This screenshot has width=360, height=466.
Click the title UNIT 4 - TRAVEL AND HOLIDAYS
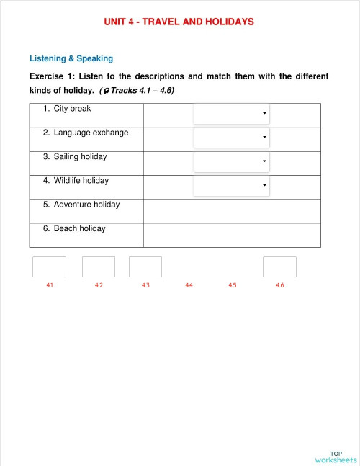[179, 22]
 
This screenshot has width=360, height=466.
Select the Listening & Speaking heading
[71, 58]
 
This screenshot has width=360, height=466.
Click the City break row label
[72, 109]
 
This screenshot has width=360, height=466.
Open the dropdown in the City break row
[232, 114]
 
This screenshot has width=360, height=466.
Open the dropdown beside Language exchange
[232, 138]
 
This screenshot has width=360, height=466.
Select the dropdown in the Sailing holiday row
[232, 161]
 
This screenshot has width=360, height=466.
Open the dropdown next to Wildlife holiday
[232, 186]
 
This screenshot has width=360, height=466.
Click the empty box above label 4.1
[49, 266]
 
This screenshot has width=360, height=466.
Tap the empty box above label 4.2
[99, 266]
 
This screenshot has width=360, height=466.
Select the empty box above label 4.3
[145, 266]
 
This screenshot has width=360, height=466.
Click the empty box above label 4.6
[279, 266]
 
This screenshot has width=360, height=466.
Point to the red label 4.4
[189, 286]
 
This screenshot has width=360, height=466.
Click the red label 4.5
[233, 286]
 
